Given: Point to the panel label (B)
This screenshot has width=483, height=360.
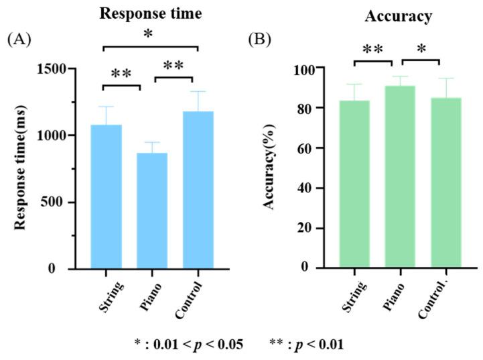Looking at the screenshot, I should coord(260,40).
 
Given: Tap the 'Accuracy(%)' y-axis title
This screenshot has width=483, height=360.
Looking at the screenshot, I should coord(271,168).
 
